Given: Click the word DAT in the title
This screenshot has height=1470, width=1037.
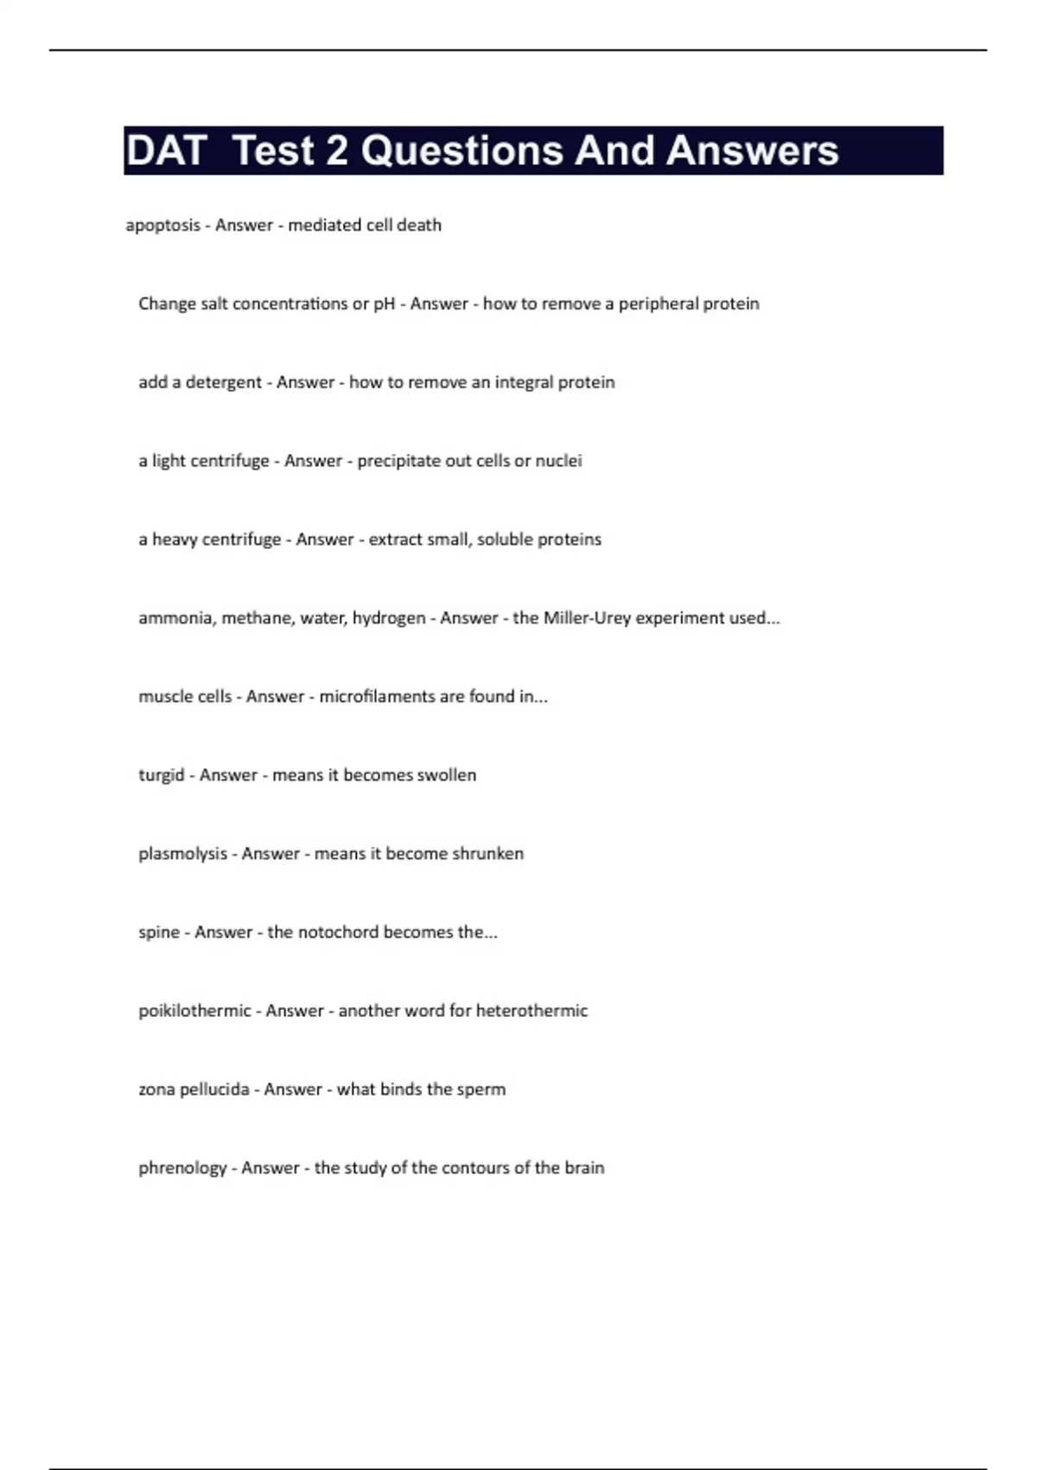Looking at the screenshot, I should pos(166,150).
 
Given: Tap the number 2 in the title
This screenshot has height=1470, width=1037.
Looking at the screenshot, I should pos(336,150).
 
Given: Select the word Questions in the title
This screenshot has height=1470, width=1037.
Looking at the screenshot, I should pos(461,150).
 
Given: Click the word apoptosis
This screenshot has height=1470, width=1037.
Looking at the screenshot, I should pos(162,226).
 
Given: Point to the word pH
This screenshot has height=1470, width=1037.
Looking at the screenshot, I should pos(384,304).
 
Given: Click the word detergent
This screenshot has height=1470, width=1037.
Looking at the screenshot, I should pos(223,383).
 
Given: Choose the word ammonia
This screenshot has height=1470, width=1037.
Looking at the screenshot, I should pos(176,618).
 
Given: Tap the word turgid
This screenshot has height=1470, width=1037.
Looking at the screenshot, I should pos(162,776).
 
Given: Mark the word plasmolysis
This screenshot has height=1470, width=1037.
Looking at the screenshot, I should pos(182,854).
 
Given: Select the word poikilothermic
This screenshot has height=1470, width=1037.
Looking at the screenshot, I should pos(194,1011).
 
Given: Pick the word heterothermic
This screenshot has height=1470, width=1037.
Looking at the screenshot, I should pos(531,1011).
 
